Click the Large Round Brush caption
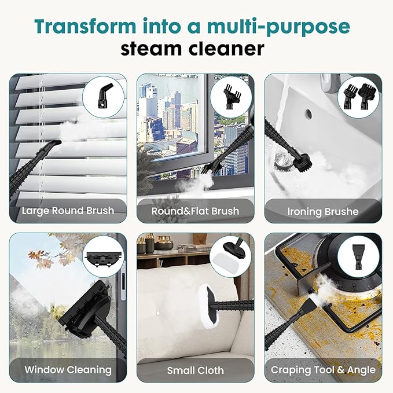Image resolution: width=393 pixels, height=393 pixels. [x=68, y=211]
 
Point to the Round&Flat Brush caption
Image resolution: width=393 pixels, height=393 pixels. [x=195, y=211]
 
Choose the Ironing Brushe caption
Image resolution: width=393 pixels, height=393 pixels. [x=322, y=211]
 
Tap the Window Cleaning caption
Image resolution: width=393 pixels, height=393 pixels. [x=68, y=369]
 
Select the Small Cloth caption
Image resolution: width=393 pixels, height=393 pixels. [x=195, y=369]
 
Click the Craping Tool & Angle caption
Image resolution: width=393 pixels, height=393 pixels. [x=323, y=369]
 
